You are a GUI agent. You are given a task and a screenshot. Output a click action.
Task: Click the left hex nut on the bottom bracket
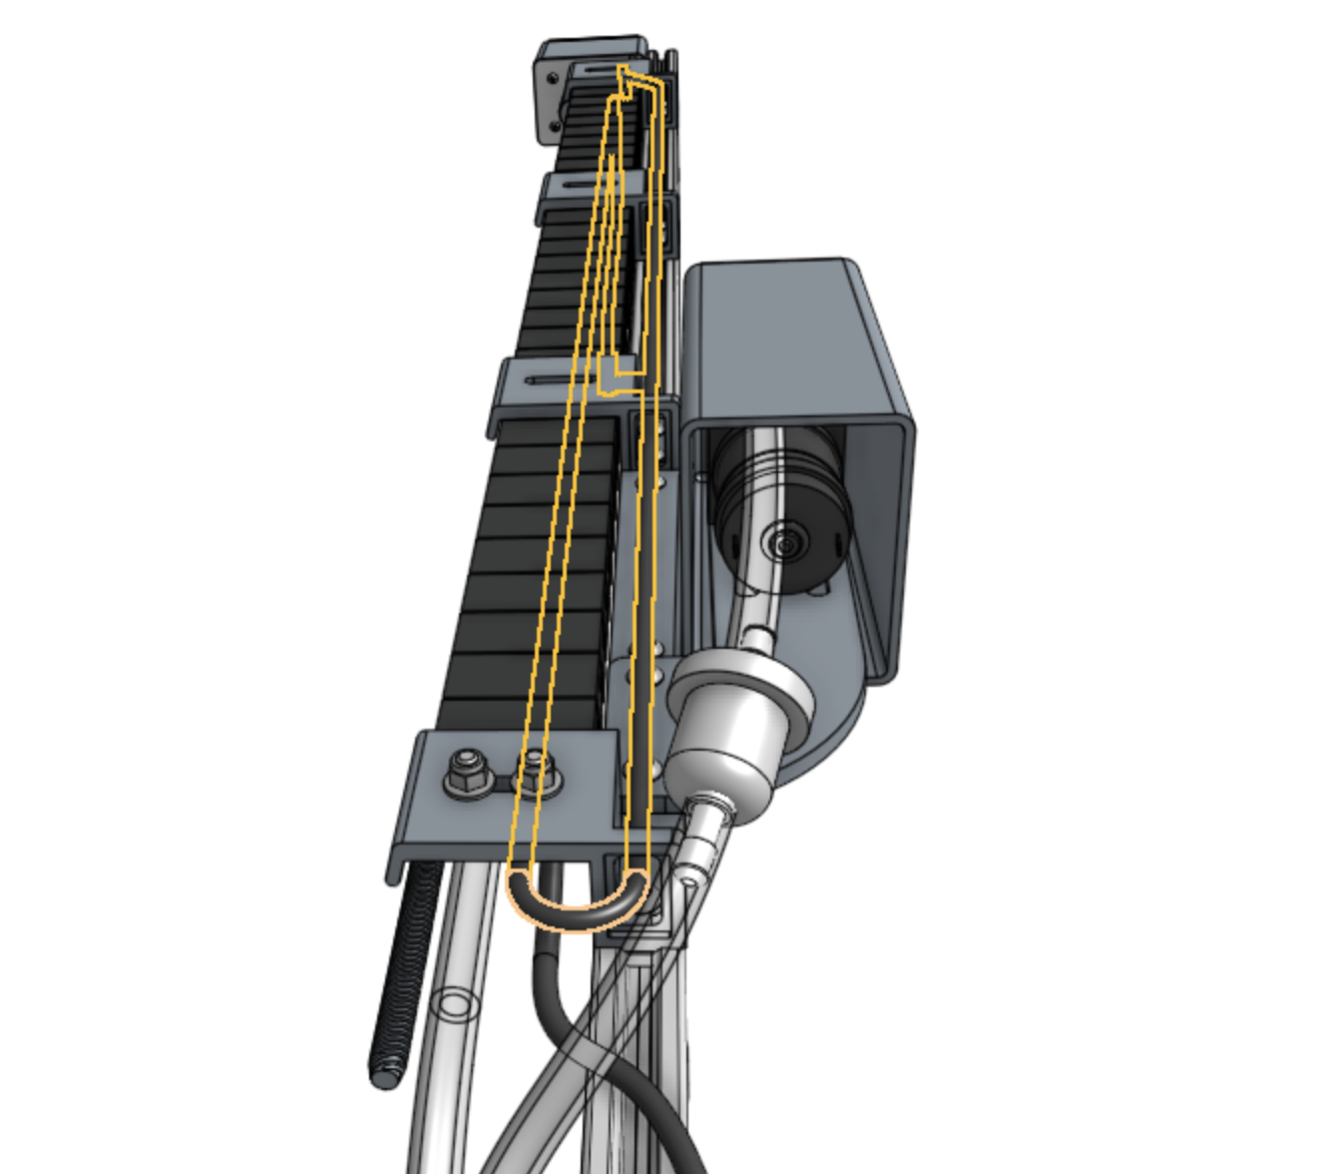[465, 772]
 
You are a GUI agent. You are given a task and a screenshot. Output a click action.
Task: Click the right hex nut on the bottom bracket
[536, 772]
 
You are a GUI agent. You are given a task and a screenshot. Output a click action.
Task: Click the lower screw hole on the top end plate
[554, 127]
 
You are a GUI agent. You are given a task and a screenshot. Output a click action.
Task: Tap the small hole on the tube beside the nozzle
[689, 882]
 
